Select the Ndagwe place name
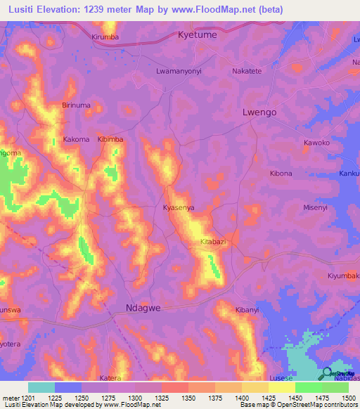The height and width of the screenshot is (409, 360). [144, 307]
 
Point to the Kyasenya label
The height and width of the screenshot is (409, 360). [178, 208]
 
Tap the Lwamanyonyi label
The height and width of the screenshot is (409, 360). [179, 71]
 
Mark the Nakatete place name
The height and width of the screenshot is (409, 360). [252, 71]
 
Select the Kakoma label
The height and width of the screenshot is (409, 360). [77, 139]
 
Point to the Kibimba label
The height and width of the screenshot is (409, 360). [110, 139]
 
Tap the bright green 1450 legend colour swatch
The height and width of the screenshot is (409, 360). [308, 387]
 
